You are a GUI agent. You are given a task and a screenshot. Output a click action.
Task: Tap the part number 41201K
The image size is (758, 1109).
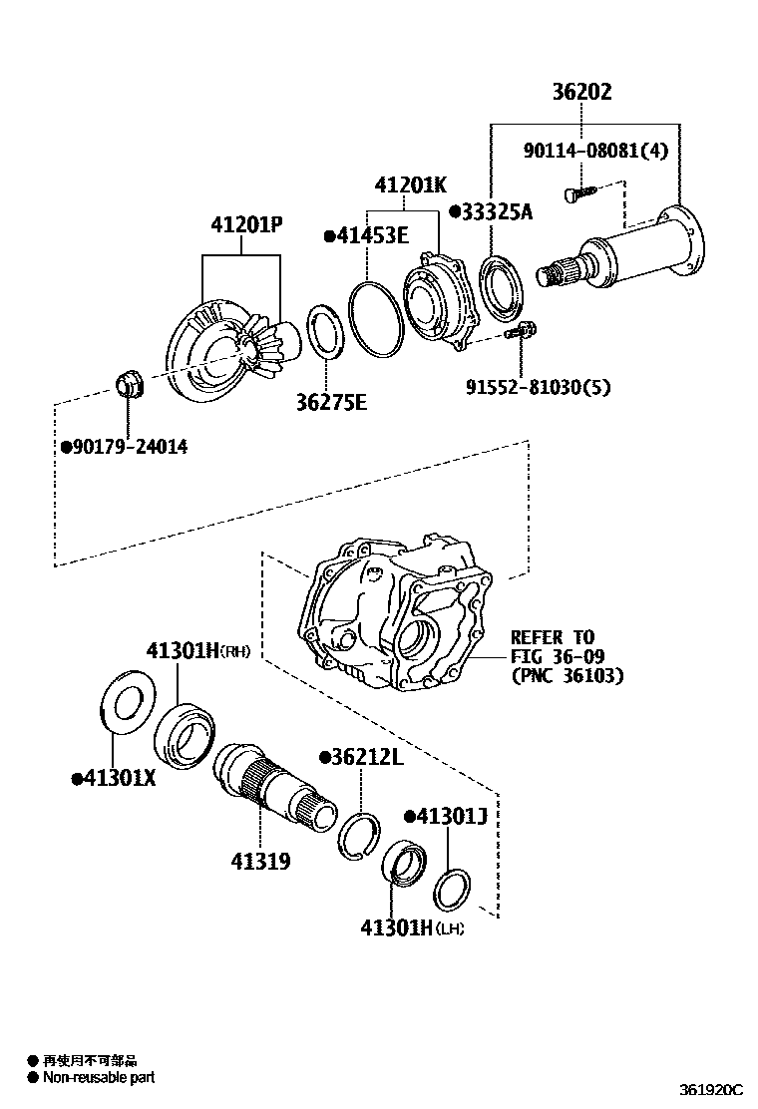[x=410, y=185]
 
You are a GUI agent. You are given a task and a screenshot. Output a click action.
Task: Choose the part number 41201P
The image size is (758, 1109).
[x=246, y=225]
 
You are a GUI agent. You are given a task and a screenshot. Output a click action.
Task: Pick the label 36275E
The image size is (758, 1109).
[x=331, y=402]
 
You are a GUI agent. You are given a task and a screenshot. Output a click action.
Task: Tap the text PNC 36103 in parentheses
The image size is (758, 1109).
[x=567, y=676]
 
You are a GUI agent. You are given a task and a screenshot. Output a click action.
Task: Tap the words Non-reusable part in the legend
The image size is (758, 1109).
[x=99, y=1078]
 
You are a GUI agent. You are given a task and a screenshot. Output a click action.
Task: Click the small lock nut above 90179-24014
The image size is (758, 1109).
[x=130, y=382]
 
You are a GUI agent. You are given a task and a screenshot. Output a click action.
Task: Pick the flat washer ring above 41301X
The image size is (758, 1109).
[x=127, y=704]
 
